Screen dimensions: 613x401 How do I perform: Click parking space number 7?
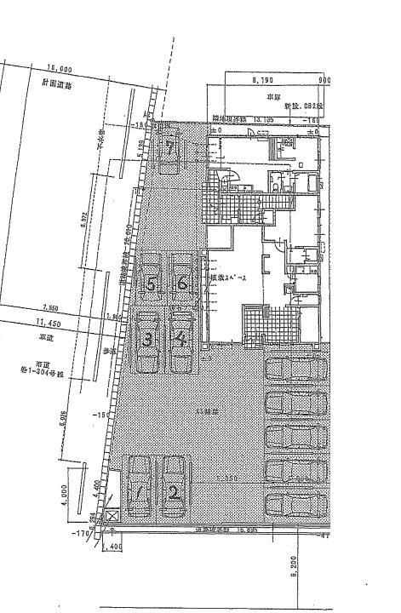click(x=171, y=151)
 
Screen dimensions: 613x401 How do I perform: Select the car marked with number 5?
click(x=151, y=284)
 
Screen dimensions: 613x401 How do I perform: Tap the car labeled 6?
click(x=182, y=284)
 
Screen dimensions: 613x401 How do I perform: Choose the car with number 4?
click(x=180, y=341)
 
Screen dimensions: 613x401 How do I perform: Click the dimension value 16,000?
click(x=60, y=69)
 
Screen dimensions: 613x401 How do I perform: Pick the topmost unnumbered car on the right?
click(x=296, y=370)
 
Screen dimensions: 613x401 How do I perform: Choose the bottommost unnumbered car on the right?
click(x=296, y=505)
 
